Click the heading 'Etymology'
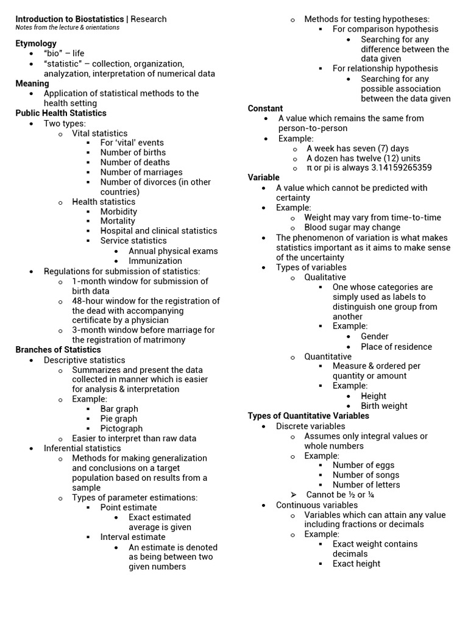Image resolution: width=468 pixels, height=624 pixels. point(36,43)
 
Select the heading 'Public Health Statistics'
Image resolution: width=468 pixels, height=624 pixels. point(61,113)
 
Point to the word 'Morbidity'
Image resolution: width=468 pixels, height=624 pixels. point(119,211)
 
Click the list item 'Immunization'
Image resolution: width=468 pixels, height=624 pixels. point(155,261)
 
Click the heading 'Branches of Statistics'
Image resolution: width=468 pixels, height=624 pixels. point(58,350)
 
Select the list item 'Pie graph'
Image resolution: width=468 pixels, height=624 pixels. point(119,419)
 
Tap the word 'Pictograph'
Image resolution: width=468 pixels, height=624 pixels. point(122,428)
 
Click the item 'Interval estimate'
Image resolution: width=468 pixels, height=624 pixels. point(133,537)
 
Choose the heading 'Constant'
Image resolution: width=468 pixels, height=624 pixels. point(265,108)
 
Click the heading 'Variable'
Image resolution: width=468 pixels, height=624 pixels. point(263,177)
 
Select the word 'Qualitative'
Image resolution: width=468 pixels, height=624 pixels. point(325,277)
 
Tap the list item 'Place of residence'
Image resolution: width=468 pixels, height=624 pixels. point(396,347)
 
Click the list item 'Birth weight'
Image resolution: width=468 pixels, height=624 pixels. point(384,406)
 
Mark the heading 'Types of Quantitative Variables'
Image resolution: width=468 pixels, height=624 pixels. point(308,416)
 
